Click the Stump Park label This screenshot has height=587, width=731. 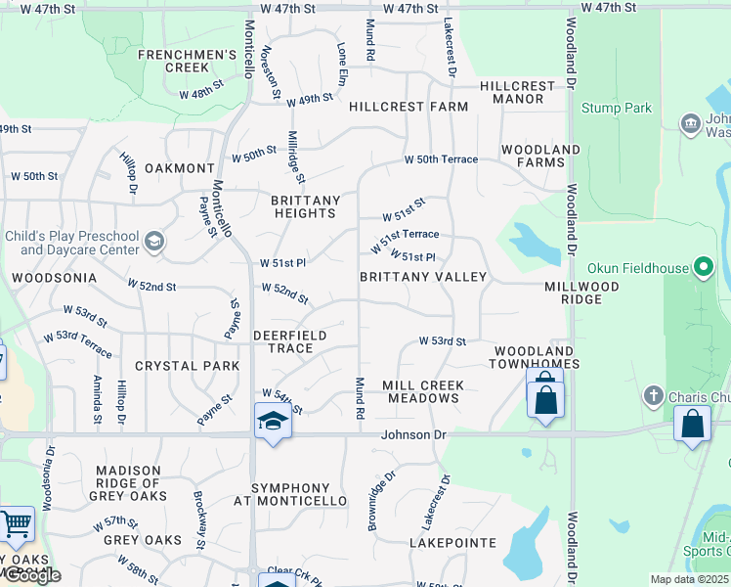pos(616,108)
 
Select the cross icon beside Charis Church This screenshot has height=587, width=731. pos(654,396)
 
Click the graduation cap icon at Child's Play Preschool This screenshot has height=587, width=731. pos(153,241)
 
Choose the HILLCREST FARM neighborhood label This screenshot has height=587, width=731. pos(408,106)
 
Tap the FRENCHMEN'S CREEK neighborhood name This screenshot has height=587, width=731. pos(188,61)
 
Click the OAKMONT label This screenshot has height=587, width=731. pos(179,168)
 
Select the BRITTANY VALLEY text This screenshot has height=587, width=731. pos(422,277)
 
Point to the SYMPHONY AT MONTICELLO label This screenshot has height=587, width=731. pos(299,494)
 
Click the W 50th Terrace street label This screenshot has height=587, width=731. pos(442,158)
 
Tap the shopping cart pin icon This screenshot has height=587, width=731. pos(16,524)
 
